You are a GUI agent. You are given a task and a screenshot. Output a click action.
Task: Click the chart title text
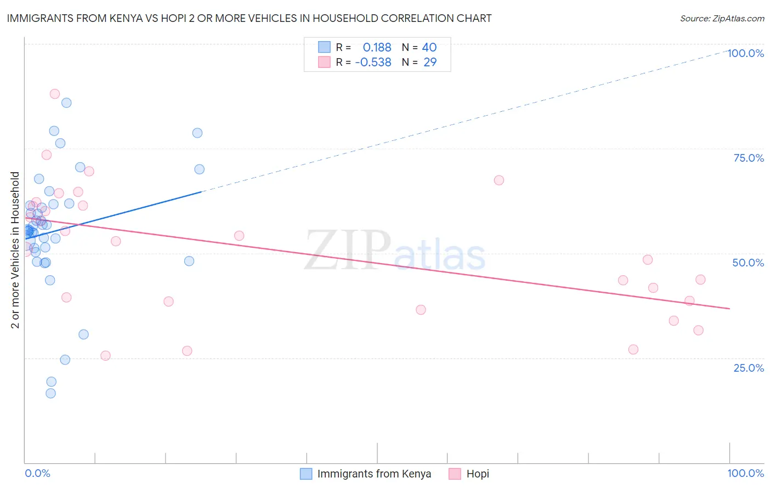(249, 18)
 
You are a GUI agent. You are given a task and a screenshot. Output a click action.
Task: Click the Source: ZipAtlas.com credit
(722, 18)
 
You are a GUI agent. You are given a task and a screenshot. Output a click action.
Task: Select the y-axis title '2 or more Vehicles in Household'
(15, 250)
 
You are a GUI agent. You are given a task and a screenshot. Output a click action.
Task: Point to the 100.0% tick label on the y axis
(745, 53)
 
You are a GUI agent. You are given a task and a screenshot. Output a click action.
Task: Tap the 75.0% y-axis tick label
(749, 158)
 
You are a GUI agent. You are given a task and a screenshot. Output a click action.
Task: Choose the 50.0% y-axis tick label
(748, 263)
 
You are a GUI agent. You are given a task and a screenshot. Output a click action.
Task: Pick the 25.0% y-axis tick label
(749, 368)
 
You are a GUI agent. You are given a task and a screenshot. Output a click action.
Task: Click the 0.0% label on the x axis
(37, 473)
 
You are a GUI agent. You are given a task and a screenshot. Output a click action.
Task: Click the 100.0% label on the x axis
(745, 473)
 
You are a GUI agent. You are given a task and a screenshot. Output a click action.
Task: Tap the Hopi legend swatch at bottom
(455, 474)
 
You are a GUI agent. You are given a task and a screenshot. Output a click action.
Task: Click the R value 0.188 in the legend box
(377, 48)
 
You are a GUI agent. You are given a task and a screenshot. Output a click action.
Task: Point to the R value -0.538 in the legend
(373, 62)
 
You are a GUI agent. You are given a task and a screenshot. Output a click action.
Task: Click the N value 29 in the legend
(430, 62)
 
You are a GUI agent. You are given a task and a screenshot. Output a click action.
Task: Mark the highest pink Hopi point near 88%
(55, 94)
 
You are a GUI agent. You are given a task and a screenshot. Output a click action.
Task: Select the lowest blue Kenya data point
(50, 393)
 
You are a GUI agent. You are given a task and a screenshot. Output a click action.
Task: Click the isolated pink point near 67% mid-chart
(498, 180)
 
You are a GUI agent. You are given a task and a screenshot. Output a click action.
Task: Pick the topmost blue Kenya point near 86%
(66, 103)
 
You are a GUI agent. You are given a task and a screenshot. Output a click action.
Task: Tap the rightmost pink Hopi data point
(700, 280)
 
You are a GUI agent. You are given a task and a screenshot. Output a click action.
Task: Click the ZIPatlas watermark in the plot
(395, 251)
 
